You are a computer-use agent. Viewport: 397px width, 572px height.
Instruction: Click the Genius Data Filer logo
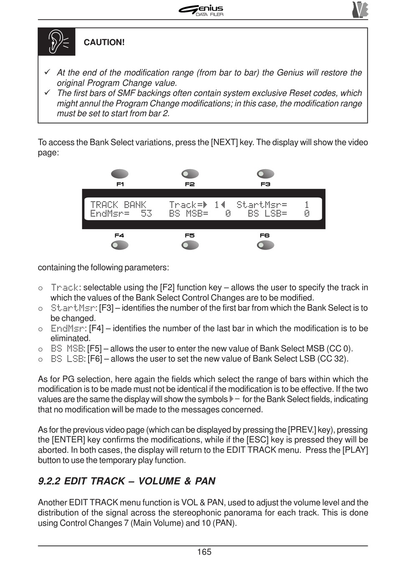coord(201,10)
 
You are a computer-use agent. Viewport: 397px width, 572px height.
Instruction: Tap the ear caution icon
coord(57,42)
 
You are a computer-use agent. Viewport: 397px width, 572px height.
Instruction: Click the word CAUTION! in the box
coord(104,43)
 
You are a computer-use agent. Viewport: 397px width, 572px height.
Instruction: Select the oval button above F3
coord(265,174)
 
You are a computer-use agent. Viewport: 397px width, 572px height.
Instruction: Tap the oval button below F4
coord(120,246)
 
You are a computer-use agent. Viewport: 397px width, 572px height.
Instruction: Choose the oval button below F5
coord(190,246)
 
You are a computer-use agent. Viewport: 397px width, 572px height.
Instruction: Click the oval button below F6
coord(265,246)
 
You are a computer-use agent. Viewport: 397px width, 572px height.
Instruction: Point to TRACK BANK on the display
coord(118,205)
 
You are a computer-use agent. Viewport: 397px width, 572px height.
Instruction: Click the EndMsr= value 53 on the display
coord(146,214)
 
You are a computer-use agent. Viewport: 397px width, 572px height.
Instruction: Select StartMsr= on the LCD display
coord(262,205)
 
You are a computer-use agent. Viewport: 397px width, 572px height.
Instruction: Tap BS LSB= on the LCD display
coord(267,214)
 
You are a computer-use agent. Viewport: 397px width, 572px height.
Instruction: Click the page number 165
coord(204,552)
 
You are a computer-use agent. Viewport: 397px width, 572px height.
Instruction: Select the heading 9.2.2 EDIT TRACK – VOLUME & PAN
coord(127,481)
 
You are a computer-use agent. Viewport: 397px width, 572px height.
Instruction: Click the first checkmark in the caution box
coord(47,72)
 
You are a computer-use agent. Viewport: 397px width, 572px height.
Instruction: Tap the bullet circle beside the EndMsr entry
coord(41,329)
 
